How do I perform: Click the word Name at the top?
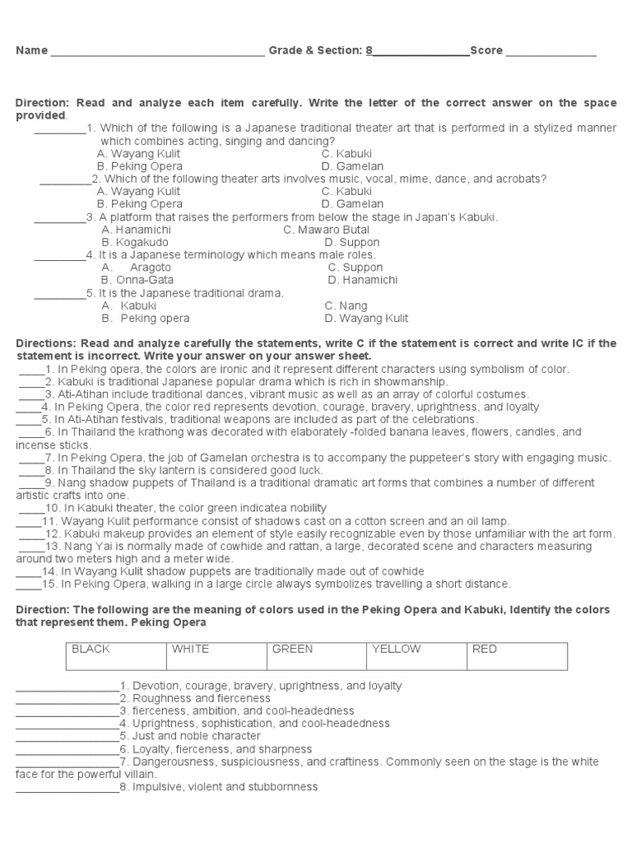(31, 51)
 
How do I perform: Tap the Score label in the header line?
(486, 51)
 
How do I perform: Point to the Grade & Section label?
(315, 51)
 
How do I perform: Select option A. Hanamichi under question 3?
(135, 230)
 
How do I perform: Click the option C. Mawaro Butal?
(326, 230)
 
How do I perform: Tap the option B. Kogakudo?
(135, 243)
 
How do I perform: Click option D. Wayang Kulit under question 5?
(366, 319)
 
